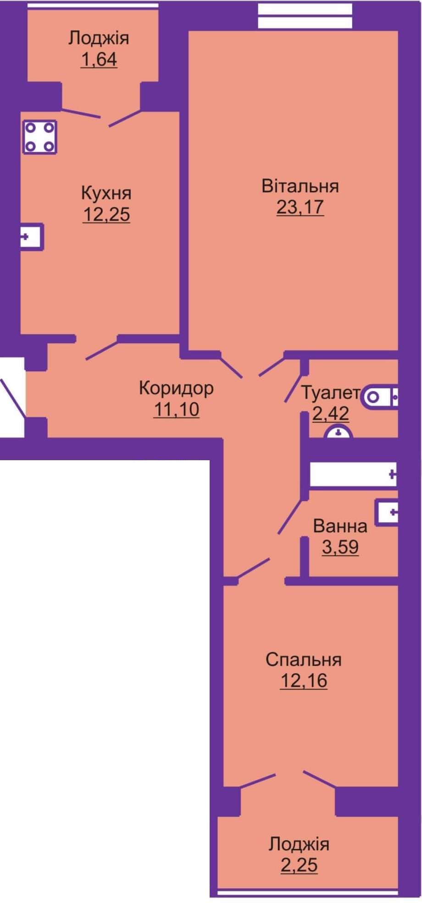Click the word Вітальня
click(300, 186)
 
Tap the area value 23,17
click(300, 207)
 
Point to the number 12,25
click(106, 214)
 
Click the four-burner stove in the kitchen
click(39, 137)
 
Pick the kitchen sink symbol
click(32, 237)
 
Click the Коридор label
click(176, 388)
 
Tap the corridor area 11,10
click(176, 409)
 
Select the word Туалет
click(330, 393)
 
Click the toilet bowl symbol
click(380, 396)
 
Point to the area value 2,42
click(330, 413)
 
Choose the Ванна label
click(340, 526)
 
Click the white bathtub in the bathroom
click(353, 474)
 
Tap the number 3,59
click(340, 547)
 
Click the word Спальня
click(304, 660)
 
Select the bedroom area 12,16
click(304, 680)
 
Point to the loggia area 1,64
click(99, 60)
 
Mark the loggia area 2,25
click(299, 865)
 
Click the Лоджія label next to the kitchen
click(99, 39)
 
